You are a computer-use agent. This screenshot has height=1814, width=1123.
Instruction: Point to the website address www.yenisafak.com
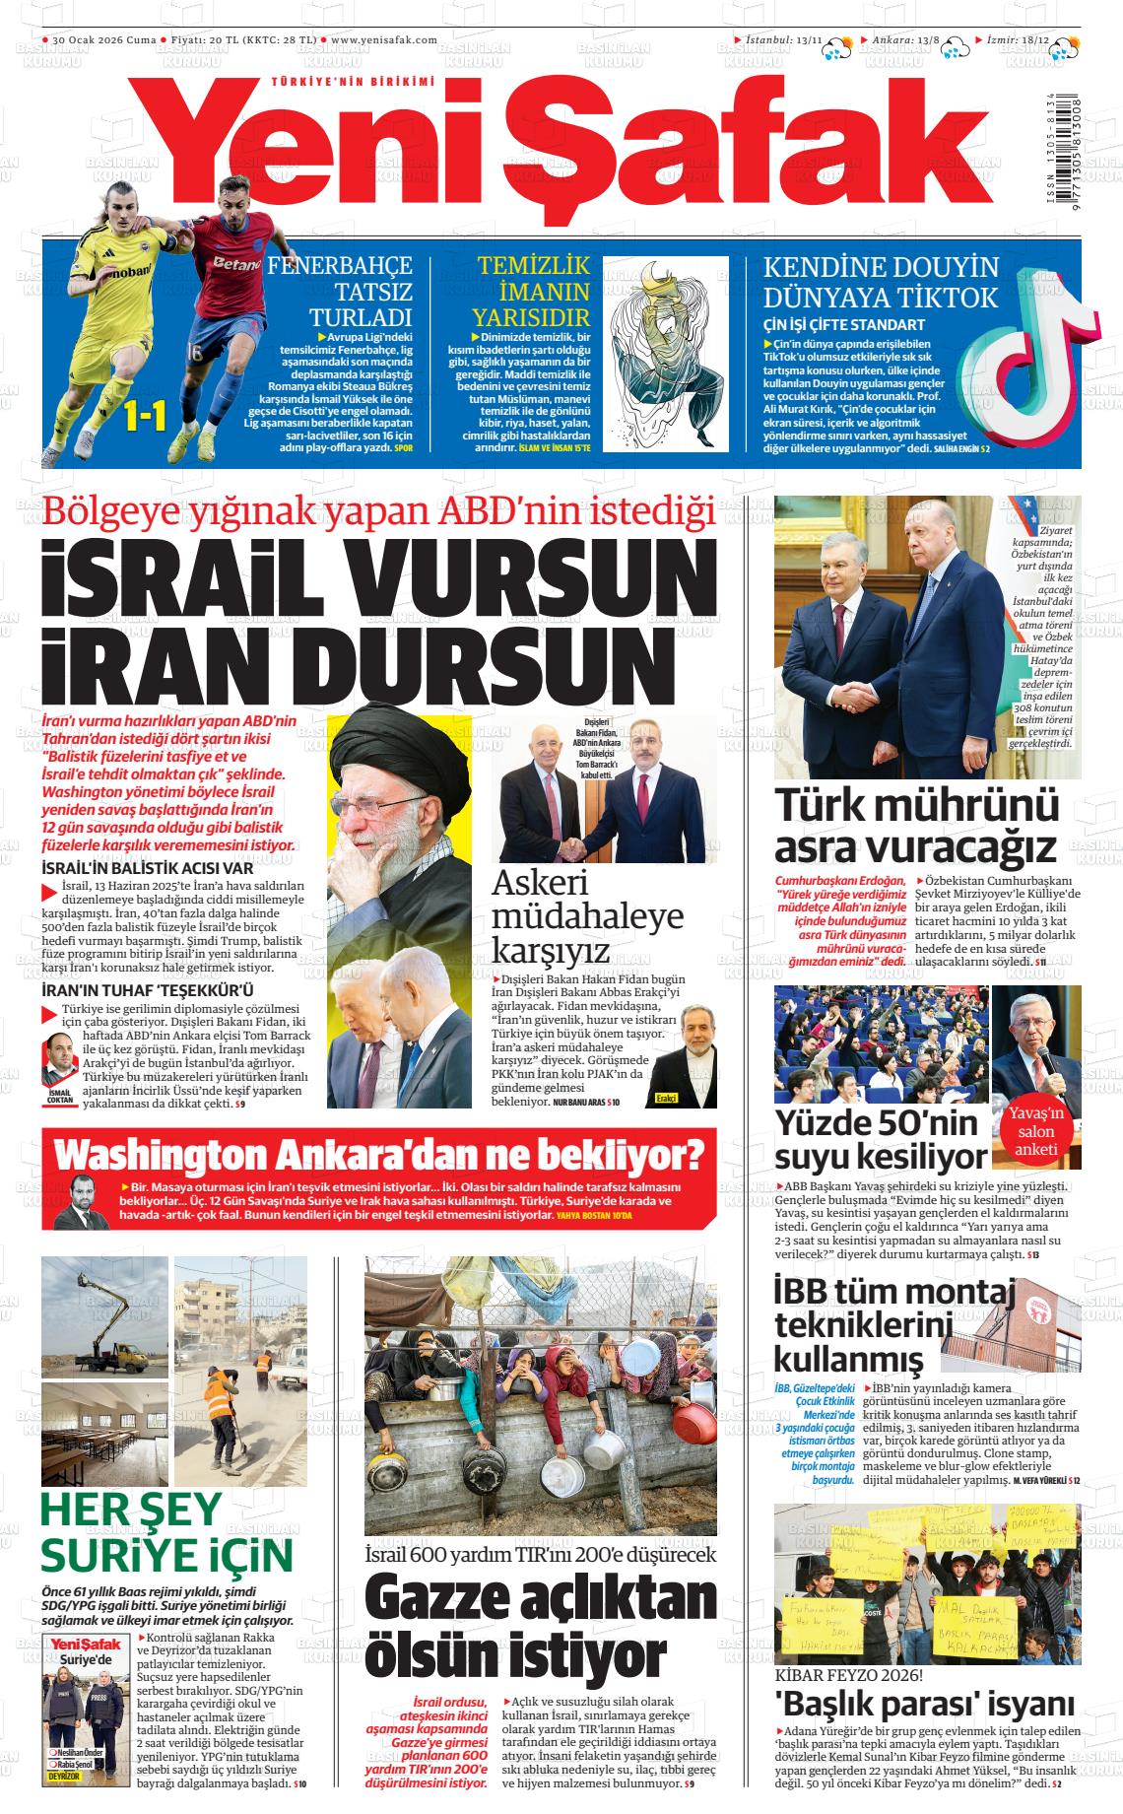coord(384,39)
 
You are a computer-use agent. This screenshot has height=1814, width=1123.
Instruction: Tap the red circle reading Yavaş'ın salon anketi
coord(1034,1131)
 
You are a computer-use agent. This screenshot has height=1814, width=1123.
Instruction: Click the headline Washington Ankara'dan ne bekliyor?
coord(379,1153)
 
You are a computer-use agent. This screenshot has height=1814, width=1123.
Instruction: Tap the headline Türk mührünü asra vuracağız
coord(915,825)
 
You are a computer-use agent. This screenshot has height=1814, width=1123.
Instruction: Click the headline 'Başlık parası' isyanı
coord(924,1704)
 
